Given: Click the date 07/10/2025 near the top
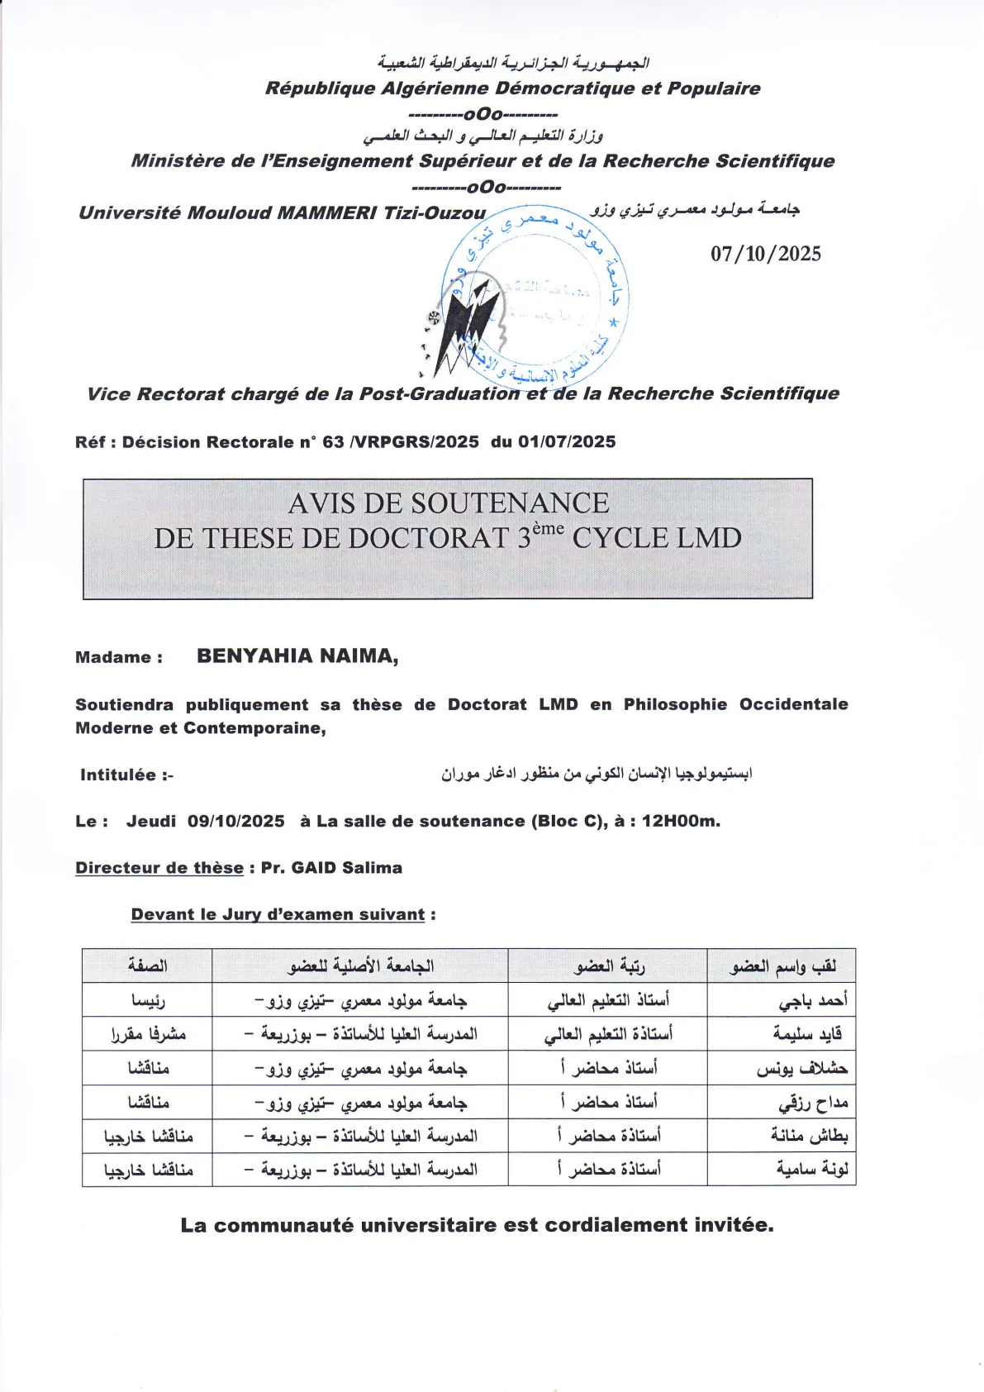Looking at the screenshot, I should coord(766,254).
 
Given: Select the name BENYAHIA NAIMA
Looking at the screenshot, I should coord(297,656).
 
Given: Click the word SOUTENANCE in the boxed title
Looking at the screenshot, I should coord(510,503).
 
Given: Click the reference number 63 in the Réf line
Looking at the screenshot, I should coord(333,442).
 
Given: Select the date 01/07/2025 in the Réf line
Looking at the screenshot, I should coord(567,442).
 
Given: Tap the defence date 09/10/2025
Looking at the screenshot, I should coord(235,822).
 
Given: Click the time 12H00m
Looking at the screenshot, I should coord(681,822).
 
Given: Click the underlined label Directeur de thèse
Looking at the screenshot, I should coord(159,868).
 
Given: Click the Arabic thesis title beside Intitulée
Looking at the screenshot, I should coord(596,775).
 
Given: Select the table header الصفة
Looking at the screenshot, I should coord(147,965).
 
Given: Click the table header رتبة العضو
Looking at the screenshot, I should coord(609,965).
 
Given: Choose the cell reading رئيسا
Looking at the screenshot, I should coord(148,1000).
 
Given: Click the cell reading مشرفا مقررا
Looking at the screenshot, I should coord(148,1034).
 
